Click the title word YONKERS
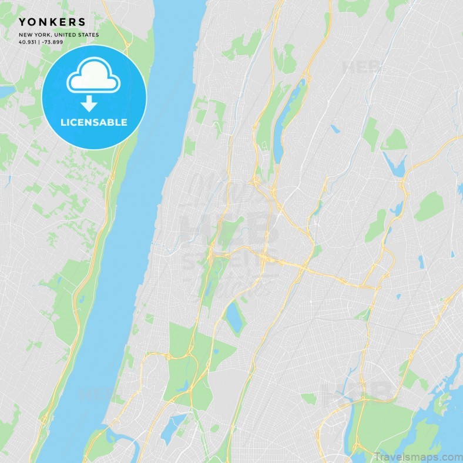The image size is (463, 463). pyautogui.click(x=52, y=22)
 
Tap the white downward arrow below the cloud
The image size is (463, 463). pyautogui.click(x=89, y=104)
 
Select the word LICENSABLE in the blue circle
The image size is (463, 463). pyautogui.click(x=93, y=123)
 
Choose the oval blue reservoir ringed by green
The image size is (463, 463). pyautogui.click(x=236, y=318)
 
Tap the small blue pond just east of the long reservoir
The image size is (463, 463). pyautogui.click(x=335, y=128)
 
